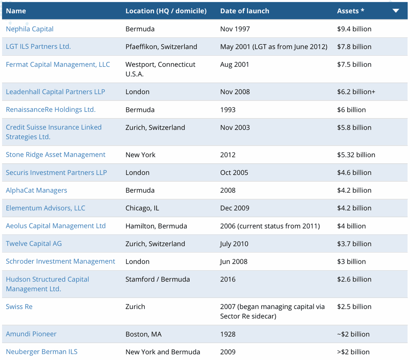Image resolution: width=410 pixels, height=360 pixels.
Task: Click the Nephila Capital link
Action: (x=30, y=29)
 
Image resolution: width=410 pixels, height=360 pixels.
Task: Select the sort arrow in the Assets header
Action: (x=396, y=11)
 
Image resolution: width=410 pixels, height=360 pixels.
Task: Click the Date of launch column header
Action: (x=244, y=11)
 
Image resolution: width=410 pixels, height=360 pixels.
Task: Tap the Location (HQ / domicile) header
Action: (x=166, y=11)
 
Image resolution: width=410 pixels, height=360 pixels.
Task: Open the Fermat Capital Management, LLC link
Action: (x=58, y=64)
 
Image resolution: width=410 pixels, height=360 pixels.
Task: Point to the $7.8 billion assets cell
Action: (x=354, y=47)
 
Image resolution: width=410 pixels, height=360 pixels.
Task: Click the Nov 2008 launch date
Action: (x=235, y=92)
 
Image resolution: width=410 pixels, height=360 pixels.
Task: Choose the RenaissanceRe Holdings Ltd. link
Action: (x=50, y=109)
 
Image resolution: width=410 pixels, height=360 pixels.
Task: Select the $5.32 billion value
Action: (x=356, y=155)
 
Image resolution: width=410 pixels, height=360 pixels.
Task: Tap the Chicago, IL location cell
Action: (x=142, y=208)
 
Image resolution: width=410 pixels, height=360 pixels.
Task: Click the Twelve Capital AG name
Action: (x=34, y=244)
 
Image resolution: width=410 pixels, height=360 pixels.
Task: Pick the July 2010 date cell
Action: (x=234, y=244)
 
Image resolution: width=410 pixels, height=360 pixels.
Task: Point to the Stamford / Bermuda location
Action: (x=157, y=279)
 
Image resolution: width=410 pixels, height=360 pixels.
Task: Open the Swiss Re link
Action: (x=19, y=307)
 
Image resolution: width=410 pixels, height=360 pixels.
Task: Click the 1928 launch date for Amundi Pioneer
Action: (x=228, y=334)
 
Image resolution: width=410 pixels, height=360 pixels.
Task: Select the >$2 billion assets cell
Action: (x=353, y=352)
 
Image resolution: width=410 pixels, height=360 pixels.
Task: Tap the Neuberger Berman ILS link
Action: (x=41, y=352)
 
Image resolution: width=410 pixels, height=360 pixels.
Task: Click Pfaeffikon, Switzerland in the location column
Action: (x=161, y=47)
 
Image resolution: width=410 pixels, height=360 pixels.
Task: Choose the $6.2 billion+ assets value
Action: (x=356, y=92)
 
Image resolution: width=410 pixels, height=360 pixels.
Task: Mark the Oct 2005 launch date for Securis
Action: (x=234, y=173)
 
